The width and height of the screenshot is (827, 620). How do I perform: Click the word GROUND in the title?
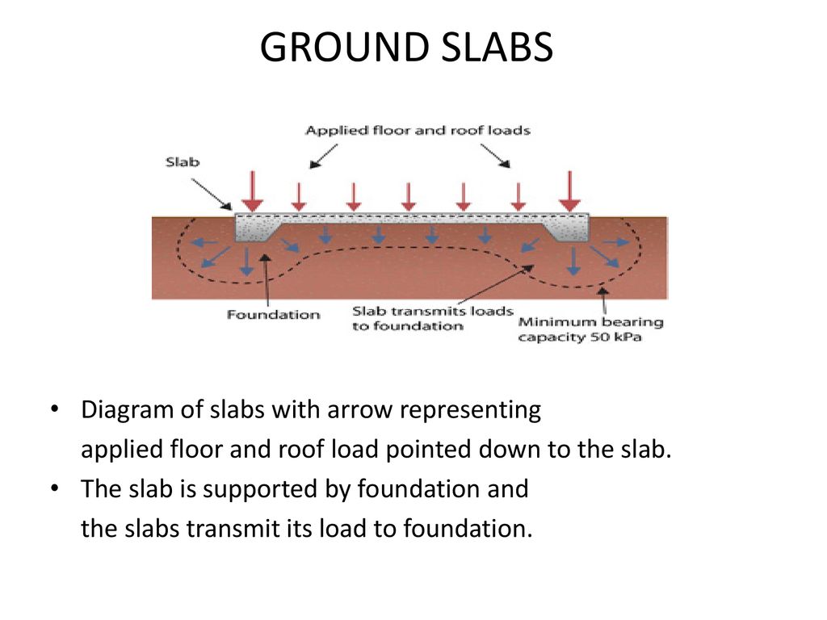(345, 47)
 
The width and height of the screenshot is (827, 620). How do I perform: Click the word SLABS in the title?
(497, 47)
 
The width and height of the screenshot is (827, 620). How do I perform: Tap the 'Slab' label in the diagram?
(183, 161)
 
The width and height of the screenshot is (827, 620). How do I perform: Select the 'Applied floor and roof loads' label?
(418, 130)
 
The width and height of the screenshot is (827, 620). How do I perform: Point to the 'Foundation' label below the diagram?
(273, 315)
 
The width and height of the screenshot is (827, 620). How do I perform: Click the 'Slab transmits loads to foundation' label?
(433, 318)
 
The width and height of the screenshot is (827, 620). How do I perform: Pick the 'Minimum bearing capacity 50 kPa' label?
(590, 329)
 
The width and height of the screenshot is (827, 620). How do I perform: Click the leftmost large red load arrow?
(253, 191)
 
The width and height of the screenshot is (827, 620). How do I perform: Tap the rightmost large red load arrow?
(569, 191)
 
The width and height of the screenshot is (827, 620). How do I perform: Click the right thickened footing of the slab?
(567, 230)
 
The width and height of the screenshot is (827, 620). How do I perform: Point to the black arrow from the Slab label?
(212, 195)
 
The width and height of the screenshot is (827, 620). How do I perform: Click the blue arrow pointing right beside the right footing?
(616, 242)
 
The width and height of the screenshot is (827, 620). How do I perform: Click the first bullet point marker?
(54, 409)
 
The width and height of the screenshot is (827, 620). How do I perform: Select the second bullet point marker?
(54, 488)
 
